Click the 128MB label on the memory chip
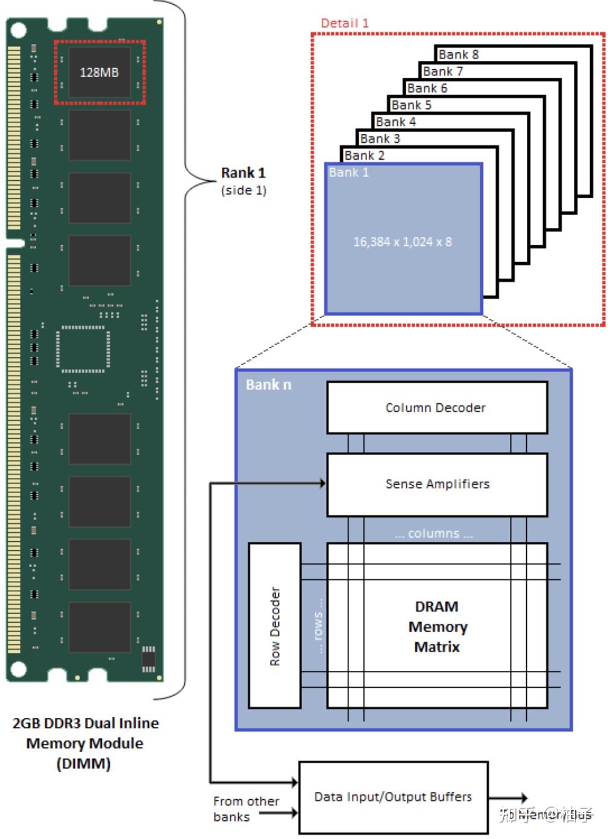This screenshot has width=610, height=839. (x=99, y=72)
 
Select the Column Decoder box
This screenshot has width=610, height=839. (x=436, y=407)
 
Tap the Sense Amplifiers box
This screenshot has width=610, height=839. (x=436, y=484)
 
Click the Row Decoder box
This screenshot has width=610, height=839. (x=274, y=625)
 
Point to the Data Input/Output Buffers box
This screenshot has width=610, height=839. (x=393, y=797)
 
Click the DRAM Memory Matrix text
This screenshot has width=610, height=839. (x=437, y=626)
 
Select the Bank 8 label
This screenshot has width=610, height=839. (x=458, y=55)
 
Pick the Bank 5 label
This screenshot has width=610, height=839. (x=411, y=105)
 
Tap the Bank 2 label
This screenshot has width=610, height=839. (x=364, y=156)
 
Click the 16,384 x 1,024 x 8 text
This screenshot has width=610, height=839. (x=403, y=242)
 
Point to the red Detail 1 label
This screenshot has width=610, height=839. (x=344, y=24)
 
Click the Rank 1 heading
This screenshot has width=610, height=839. (x=243, y=173)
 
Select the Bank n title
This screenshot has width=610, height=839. (x=268, y=385)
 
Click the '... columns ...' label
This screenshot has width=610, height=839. (x=434, y=534)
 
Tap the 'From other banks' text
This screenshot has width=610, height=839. (x=245, y=809)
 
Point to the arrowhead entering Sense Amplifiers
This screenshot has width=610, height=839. (x=322, y=483)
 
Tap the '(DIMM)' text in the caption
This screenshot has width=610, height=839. (x=84, y=764)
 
